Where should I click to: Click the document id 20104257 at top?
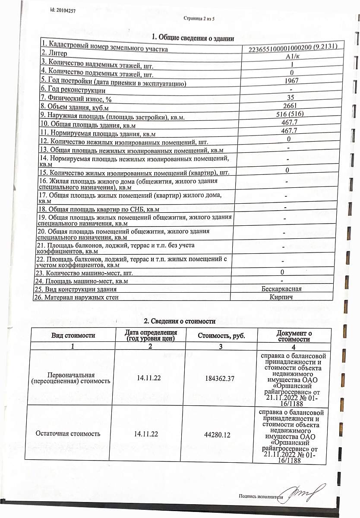click(63, 11)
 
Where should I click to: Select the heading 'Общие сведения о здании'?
click(193, 38)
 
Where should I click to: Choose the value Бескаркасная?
click(281, 289)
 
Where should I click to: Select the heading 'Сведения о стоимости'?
click(179, 321)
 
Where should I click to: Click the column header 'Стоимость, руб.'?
click(221, 336)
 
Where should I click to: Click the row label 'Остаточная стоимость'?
click(68, 433)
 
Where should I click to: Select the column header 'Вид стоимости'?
click(73, 335)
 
